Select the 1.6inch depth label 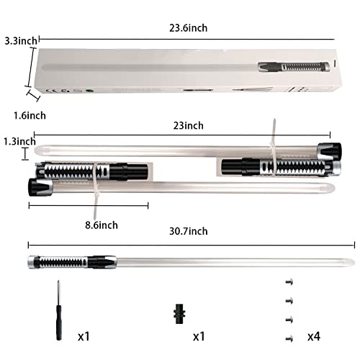coord(22,116)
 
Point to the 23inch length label coord(189,125)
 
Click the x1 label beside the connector coord(200,336)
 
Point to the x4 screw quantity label coord(315,336)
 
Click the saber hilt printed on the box coord(292,68)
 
